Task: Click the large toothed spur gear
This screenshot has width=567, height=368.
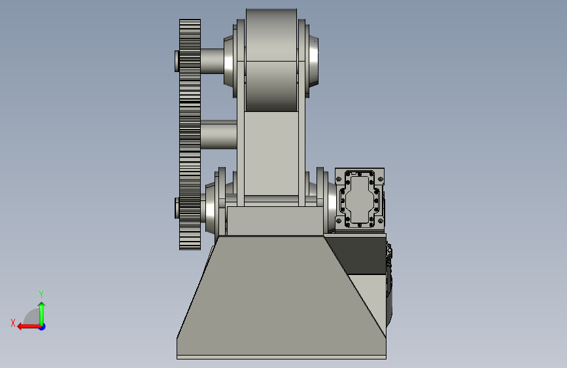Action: click(x=190, y=134)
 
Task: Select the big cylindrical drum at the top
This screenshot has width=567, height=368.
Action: click(x=271, y=60)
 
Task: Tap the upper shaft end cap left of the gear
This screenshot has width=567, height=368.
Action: click(x=177, y=61)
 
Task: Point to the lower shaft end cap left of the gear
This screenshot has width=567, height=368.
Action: click(x=177, y=208)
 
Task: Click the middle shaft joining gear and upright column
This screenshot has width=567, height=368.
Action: click(x=219, y=134)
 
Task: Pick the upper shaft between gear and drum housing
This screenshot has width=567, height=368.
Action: click(x=213, y=61)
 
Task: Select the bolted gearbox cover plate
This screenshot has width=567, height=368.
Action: click(x=360, y=199)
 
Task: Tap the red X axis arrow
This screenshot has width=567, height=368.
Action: click(x=29, y=327)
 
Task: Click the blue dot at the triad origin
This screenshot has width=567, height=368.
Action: click(x=43, y=327)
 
